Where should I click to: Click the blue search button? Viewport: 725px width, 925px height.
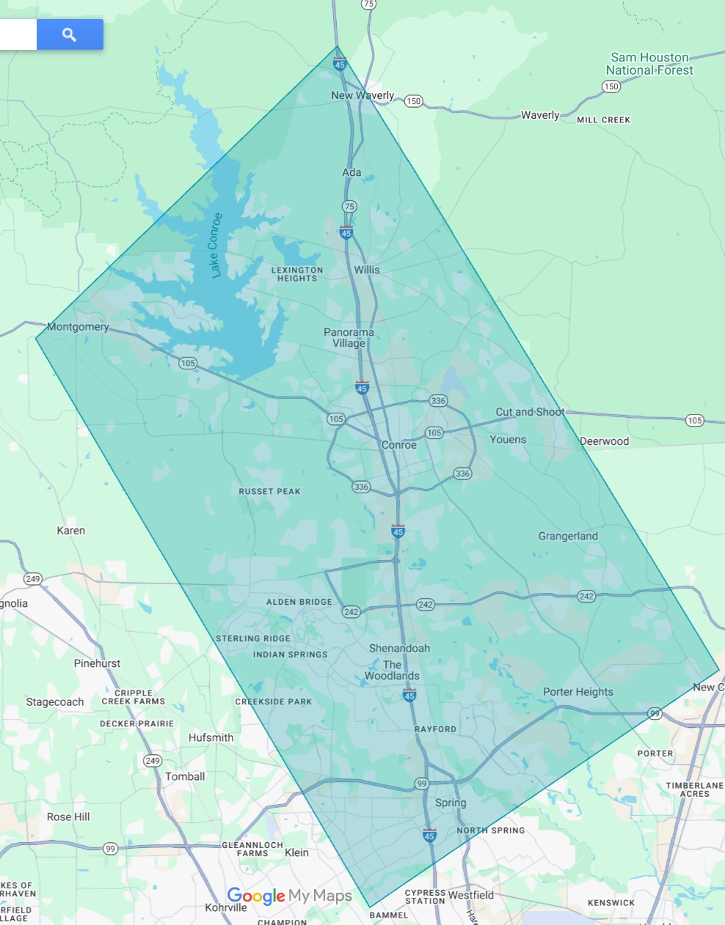[70, 34]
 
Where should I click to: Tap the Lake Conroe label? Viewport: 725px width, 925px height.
[214, 246]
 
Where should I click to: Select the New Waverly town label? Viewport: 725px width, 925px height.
[362, 95]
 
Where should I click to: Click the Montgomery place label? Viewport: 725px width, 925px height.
[78, 327]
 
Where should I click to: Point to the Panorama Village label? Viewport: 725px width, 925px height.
[349, 338]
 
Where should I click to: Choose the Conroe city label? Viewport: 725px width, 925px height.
[398, 445]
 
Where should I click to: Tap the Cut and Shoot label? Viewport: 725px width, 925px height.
[530, 412]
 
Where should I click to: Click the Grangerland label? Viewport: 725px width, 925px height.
[568, 536]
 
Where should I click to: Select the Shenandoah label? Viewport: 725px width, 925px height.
[399, 648]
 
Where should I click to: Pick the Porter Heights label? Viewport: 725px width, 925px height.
[578, 692]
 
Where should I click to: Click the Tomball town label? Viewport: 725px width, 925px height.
[185, 776]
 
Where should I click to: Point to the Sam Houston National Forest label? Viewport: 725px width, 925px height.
[649, 64]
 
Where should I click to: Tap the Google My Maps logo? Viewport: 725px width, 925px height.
[289, 896]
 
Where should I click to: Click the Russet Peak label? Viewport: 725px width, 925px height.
[269, 491]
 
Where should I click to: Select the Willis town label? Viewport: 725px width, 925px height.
[367, 270]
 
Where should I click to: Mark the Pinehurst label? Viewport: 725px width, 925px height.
[97, 663]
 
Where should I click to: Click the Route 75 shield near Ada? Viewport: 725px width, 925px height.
[349, 207]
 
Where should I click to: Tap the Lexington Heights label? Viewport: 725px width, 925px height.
[297, 274]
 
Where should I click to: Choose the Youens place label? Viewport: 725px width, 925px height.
[508, 440]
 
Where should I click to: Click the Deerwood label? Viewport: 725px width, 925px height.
[605, 441]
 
